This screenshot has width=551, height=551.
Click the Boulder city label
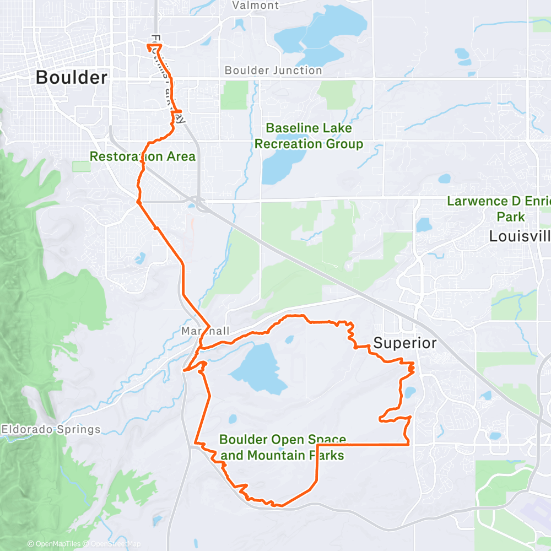click(x=72, y=78)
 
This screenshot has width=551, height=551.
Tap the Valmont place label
click(x=256, y=6)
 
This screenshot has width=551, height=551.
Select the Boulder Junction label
click(x=273, y=71)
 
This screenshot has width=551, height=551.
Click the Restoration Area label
click(x=142, y=156)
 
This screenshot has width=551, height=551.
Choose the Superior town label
click(x=405, y=343)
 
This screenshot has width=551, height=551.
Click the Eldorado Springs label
click(x=51, y=429)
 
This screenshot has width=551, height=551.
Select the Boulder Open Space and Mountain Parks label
click(x=282, y=447)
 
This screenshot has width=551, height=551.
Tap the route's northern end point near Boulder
click(x=149, y=46)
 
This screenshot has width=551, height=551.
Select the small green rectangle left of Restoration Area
click(x=81, y=166)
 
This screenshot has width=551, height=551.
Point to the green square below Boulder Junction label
click(x=234, y=95)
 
